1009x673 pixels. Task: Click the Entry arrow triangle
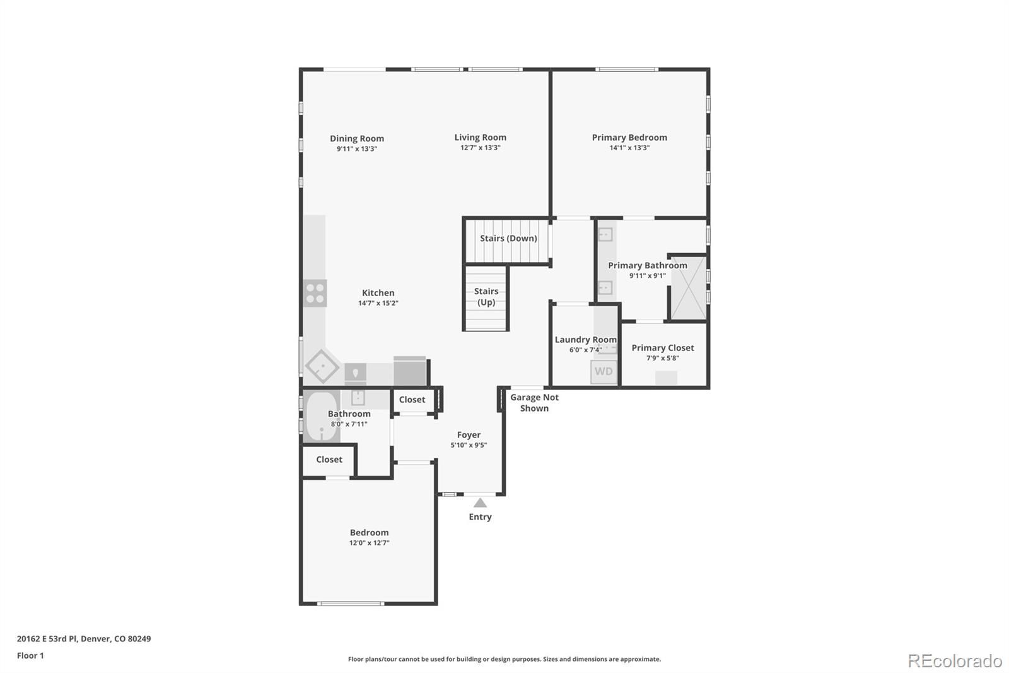pyautogui.click(x=480, y=503)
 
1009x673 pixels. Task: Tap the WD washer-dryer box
pyautogui.click(x=604, y=372)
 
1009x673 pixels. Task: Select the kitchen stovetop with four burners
pyautogui.click(x=315, y=293)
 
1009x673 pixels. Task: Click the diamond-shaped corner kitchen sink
pyautogui.click(x=322, y=366)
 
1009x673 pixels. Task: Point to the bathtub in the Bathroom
pyautogui.click(x=322, y=416)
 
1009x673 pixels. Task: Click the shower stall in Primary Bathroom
pyautogui.click(x=689, y=288)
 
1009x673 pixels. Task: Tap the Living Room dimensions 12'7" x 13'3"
pyautogui.click(x=480, y=148)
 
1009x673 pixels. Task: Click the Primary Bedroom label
pyautogui.click(x=629, y=138)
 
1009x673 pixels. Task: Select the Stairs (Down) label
pyautogui.click(x=508, y=238)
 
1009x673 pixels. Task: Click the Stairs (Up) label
pyautogui.click(x=486, y=297)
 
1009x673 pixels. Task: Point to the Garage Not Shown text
pyautogui.click(x=534, y=403)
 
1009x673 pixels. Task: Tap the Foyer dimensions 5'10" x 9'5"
pyautogui.click(x=469, y=445)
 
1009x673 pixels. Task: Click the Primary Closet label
pyautogui.click(x=663, y=348)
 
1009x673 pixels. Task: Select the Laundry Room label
pyautogui.click(x=586, y=340)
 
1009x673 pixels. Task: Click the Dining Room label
pyautogui.click(x=357, y=138)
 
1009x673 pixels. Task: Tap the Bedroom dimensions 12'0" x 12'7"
pyautogui.click(x=370, y=543)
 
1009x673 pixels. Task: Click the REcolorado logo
pyautogui.click(x=955, y=661)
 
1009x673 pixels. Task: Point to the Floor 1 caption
pyautogui.click(x=30, y=656)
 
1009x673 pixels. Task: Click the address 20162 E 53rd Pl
pyautogui.click(x=47, y=639)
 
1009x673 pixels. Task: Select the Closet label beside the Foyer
pyautogui.click(x=412, y=400)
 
